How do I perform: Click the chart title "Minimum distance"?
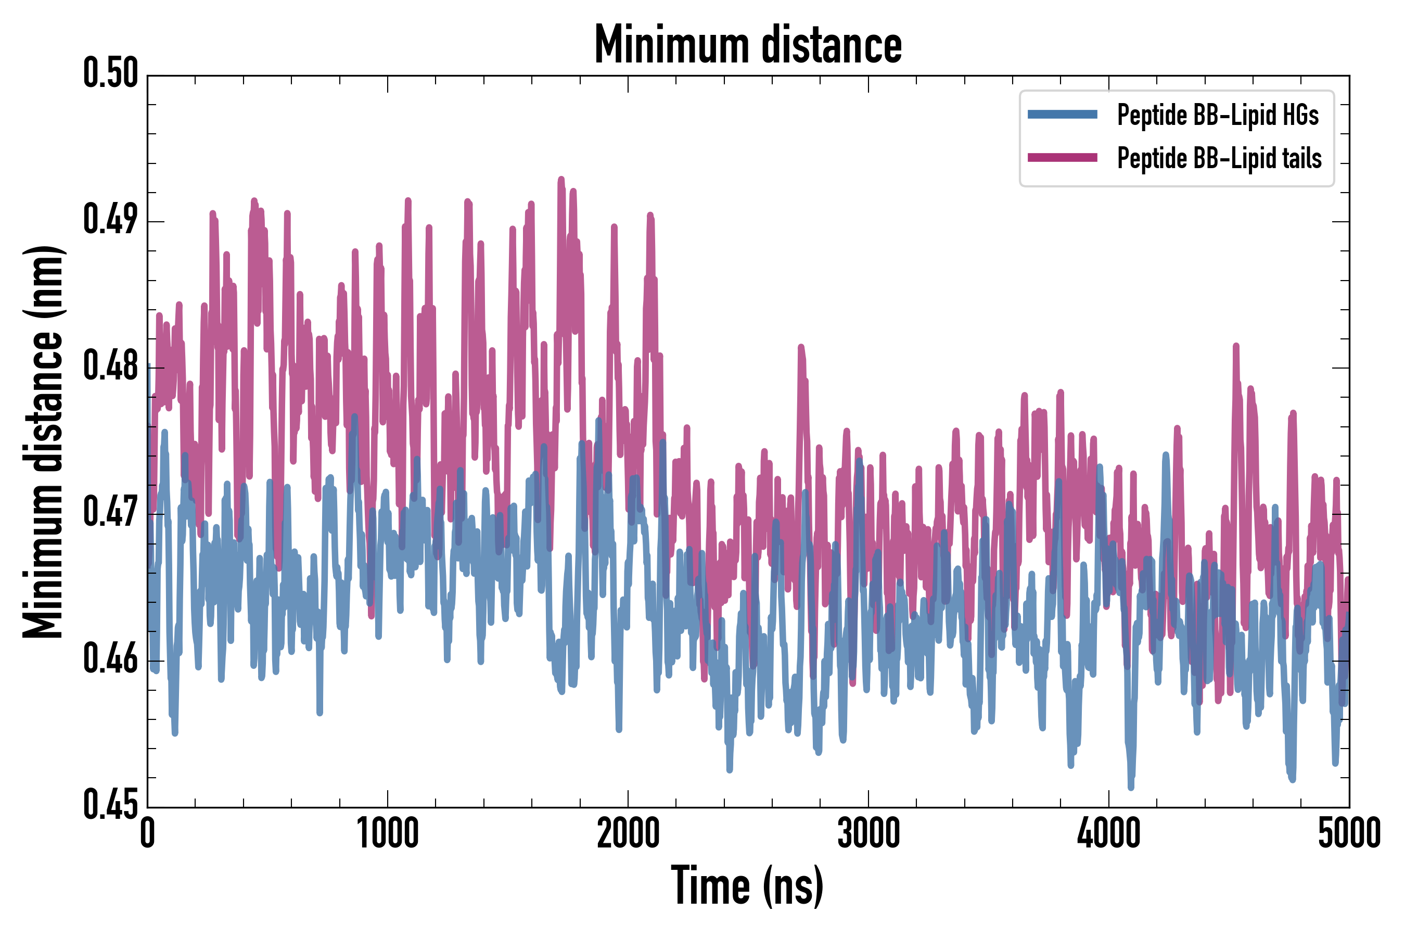748,45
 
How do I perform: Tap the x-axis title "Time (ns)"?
747,885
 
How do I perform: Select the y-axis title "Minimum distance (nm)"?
43,441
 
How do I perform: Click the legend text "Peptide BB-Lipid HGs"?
1218,115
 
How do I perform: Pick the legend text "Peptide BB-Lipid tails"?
1219,158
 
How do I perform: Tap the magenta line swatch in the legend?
1062,158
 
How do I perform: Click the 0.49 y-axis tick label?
110,219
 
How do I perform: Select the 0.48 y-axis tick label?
110,366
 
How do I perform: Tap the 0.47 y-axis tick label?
110,512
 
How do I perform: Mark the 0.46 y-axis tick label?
110,659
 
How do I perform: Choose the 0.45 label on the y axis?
110,805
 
